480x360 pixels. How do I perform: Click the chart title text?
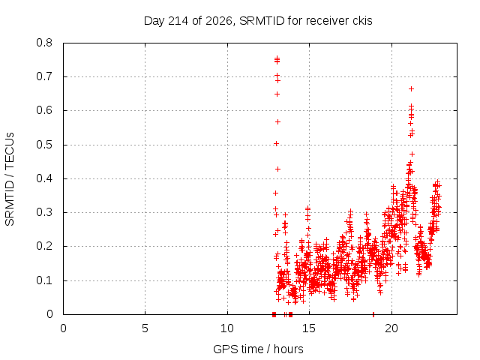[258, 21]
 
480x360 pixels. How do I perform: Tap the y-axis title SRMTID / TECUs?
[10, 179]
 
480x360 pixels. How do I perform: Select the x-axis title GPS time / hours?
[258, 349]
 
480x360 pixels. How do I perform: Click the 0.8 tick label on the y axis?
[44, 43]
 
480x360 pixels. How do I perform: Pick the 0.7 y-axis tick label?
[44, 76]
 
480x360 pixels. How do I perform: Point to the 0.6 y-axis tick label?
[44, 110]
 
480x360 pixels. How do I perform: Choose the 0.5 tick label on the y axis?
[44, 145]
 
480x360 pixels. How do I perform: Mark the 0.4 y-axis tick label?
[44, 178]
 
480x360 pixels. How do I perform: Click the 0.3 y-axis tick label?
[44, 212]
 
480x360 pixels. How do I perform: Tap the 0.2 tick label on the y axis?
[44, 247]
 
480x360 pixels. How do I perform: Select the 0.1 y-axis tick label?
[44, 280]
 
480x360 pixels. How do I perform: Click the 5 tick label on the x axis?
[145, 328]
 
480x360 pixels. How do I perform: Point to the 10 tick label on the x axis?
[227, 328]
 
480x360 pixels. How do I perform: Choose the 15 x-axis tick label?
[309, 328]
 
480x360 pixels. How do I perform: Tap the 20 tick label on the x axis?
[391, 328]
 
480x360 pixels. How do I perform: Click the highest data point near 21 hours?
[412, 88]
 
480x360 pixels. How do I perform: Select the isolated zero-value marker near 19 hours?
[373, 314]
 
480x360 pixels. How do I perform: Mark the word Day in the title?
[154, 21]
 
